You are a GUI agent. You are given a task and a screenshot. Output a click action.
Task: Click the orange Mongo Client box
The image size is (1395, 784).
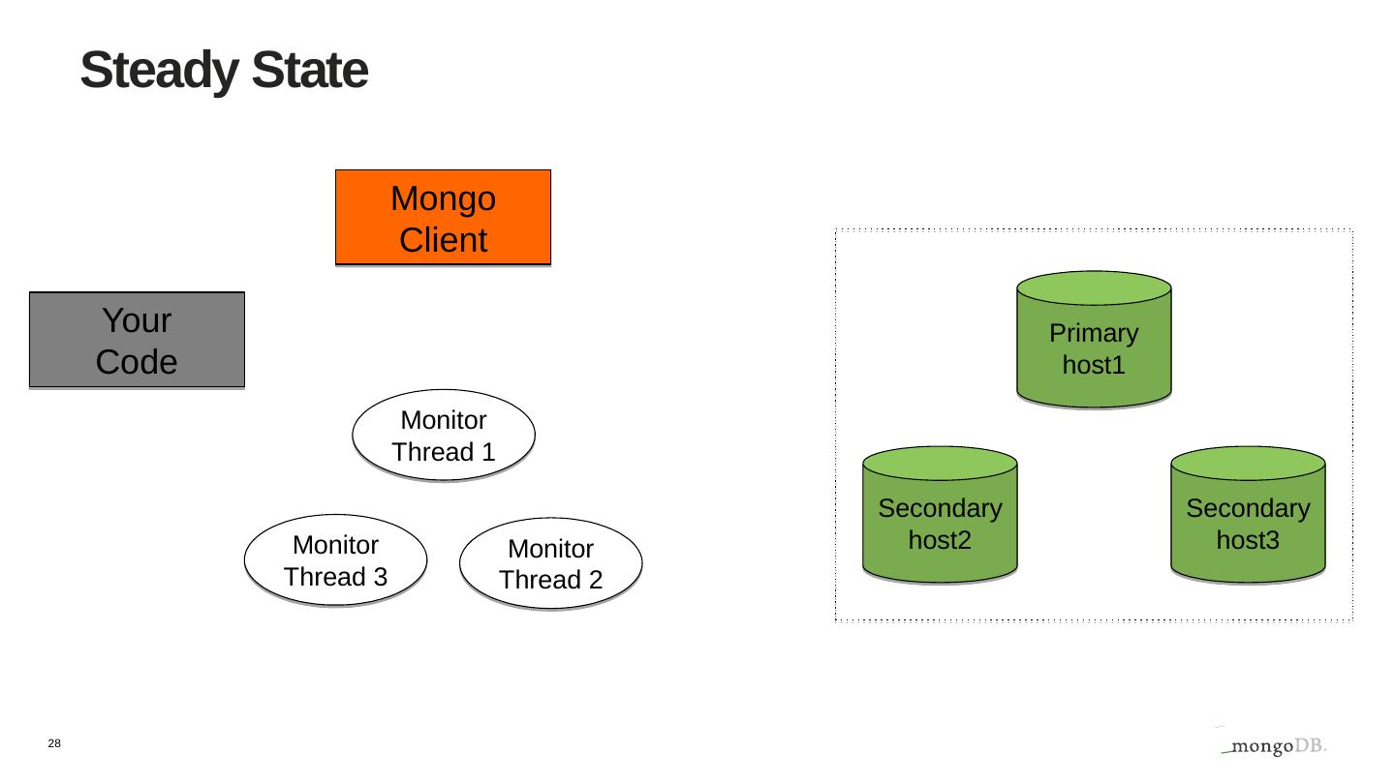(x=443, y=218)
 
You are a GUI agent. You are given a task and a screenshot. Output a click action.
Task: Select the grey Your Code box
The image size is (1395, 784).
(x=137, y=340)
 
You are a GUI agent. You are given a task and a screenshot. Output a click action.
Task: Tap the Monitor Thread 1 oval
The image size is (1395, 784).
(x=444, y=436)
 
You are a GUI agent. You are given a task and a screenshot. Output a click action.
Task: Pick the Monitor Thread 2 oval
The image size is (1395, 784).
(x=550, y=563)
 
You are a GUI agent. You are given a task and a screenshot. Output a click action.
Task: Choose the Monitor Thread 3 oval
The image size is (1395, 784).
(x=335, y=560)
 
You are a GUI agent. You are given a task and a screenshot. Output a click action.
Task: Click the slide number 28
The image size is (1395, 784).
(x=54, y=743)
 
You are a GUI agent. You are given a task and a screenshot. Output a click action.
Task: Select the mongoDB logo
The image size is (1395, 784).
(x=1273, y=744)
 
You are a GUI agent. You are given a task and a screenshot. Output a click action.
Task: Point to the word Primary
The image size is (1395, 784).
(x=1094, y=334)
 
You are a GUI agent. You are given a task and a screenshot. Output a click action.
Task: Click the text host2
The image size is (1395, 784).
(x=940, y=540)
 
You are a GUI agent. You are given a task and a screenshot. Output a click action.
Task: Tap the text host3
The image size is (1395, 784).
(x=1248, y=540)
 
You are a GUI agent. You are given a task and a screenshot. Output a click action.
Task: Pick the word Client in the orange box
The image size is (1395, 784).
(x=443, y=240)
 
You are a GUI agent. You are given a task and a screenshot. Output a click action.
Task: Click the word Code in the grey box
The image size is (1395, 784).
(x=137, y=362)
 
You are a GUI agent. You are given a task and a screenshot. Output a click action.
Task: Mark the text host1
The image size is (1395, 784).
(x=1094, y=366)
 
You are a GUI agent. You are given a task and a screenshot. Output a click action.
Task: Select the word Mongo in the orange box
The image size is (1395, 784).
(x=443, y=199)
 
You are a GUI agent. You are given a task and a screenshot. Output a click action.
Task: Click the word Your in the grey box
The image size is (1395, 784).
(x=137, y=320)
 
